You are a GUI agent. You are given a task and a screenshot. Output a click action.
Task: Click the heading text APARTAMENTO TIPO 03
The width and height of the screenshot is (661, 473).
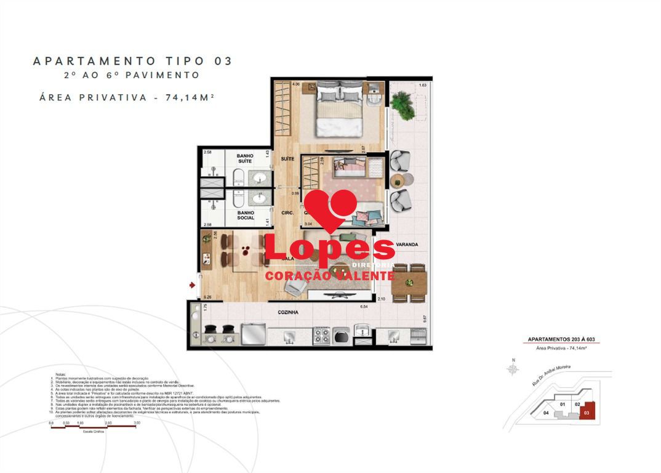[x=132, y=61]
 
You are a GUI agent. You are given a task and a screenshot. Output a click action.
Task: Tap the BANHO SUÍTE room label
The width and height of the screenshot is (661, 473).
[x=246, y=160]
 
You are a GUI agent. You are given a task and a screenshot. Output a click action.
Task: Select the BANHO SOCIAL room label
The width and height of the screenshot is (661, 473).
[x=246, y=216]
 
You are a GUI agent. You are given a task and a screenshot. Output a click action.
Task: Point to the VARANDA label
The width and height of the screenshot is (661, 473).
[x=407, y=245]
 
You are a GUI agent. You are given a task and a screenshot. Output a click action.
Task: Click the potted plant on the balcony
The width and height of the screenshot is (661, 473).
[x=403, y=105]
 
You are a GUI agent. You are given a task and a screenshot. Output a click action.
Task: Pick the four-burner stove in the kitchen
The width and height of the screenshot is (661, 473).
[x=322, y=336]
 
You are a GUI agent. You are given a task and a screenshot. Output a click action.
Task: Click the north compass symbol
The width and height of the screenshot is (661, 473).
[x=512, y=369]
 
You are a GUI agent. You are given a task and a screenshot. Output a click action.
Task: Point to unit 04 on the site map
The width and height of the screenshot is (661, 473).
[x=547, y=413]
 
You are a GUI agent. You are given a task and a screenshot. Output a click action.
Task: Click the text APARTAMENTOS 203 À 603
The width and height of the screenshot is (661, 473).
[x=559, y=340]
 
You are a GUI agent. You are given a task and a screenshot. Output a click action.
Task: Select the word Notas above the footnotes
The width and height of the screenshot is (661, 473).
[x=60, y=374]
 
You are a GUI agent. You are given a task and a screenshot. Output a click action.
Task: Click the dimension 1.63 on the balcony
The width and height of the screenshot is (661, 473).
[x=422, y=85]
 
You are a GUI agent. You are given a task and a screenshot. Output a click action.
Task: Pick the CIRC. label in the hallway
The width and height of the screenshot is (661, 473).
[x=287, y=213]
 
